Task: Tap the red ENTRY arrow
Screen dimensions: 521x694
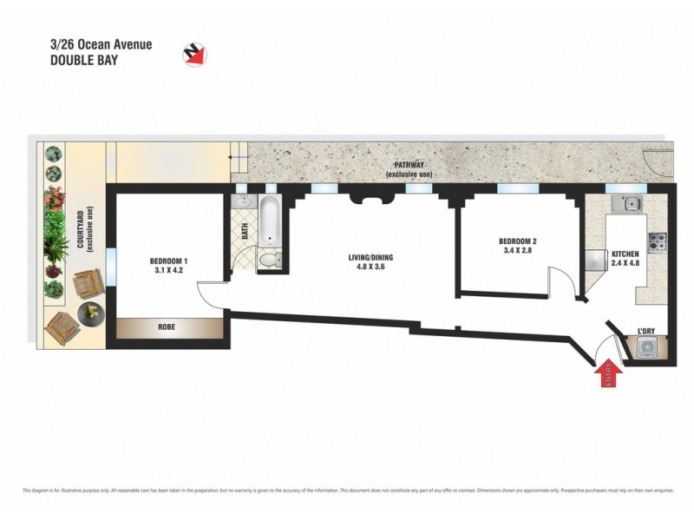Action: [610, 373]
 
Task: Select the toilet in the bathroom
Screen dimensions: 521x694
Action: [269, 259]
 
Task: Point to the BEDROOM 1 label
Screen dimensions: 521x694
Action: [168, 261]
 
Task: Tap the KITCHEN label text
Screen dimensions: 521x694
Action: [625, 254]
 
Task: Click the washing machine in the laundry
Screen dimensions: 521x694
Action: [648, 347]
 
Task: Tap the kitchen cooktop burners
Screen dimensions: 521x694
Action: [657, 239]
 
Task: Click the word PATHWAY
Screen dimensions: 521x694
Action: [409, 165]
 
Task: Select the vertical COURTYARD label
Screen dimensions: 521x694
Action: [81, 230]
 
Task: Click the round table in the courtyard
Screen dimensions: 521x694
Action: [90, 312]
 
